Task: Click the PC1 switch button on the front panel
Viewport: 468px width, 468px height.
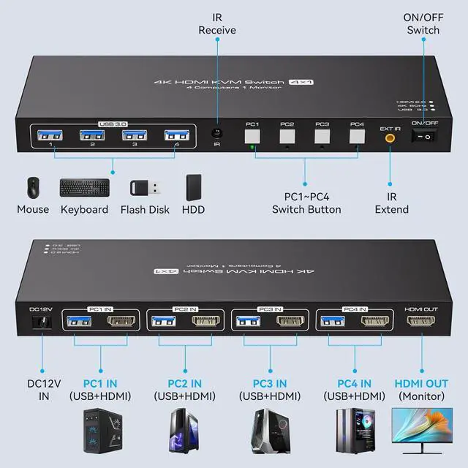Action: click(252, 136)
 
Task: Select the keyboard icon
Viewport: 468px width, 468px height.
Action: click(84, 188)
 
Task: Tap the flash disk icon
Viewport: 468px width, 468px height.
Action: click(143, 188)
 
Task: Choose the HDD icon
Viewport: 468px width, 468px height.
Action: click(193, 187)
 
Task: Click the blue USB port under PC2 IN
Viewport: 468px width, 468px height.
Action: click(162, 320)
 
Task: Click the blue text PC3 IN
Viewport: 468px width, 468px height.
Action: click(271, 383)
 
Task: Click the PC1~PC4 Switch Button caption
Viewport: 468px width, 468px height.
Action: click(306, 203)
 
